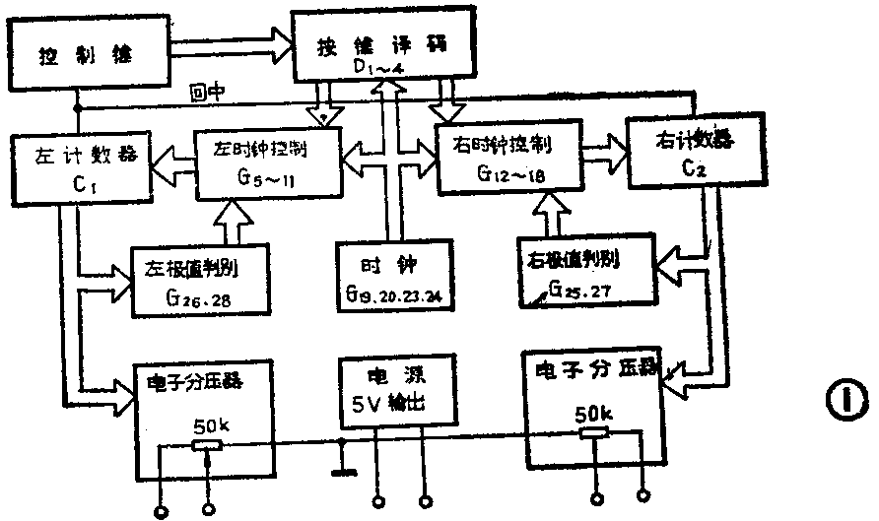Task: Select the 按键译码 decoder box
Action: (383, 45)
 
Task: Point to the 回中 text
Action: (208, 93)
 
